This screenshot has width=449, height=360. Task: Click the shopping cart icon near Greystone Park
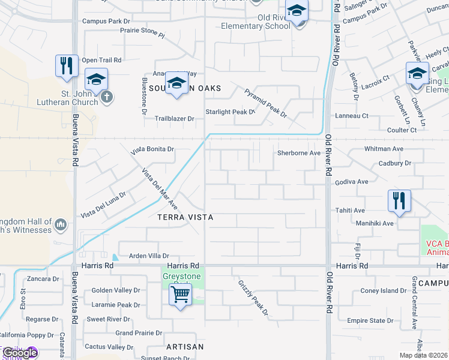pos(180,295)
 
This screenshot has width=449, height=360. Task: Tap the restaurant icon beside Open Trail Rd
pos(67,65)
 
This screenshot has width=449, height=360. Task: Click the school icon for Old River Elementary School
pos(296,12)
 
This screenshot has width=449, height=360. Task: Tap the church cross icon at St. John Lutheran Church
pos(107,96)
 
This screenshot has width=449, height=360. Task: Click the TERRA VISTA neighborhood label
pos(185,216)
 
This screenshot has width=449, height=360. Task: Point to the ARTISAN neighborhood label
pos(185,347)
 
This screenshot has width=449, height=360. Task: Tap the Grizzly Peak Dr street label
pos(252,297)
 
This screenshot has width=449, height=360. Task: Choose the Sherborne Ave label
pos(298,153)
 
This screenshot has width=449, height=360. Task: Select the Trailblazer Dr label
pos(175,119)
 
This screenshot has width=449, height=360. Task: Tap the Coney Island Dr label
pos(384,291)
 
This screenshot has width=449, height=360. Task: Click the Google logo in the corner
pos(20,353)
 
